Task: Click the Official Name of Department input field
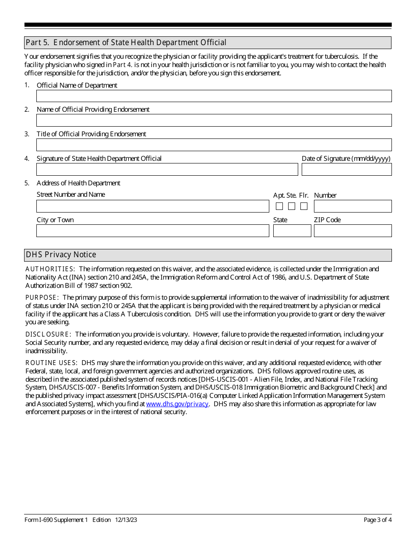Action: click(x=214, y=96)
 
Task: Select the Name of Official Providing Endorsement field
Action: click(x=214, y=121)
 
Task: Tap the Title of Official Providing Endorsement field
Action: click(x=214, y=145)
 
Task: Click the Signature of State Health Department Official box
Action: click(x=167, y=170)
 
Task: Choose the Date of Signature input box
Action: click(x=346, y=170)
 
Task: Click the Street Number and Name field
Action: click(x=152, y=206)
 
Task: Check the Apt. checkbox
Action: click(x=279, y=206)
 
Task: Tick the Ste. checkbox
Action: click(x=292, y=206)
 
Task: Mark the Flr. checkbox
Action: click(x=304, y=206)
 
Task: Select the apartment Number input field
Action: click(x=353, y=206)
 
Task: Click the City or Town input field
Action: click(x=152, y=231)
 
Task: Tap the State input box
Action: click(x=292, y=231)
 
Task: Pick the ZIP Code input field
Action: click(x=353, y=231)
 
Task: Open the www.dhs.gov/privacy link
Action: click(x=177, y=404)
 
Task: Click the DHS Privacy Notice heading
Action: click(x=61, y=255)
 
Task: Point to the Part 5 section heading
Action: click(x=126, y=43)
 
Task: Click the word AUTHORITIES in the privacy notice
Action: click(x=50, y=269)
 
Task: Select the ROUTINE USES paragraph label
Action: click(x=51, y=363)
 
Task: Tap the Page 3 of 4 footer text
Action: click(x=377, y=520)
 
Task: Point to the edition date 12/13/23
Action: click(x=126, y=520)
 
